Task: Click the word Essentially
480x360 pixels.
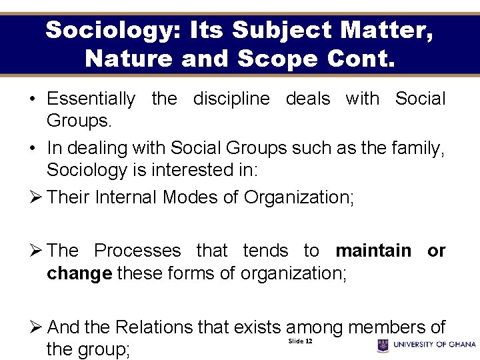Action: coord(91,99)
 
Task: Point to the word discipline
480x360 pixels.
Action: coord(231,99)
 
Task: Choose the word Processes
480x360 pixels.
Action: coord(137,251)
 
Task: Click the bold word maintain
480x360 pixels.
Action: coord(373,251)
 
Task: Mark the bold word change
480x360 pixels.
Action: coord(79,273)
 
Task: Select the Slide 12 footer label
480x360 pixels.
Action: coord(300,341)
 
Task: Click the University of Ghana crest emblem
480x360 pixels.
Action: coord(383,345)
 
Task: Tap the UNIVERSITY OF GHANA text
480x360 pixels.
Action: coord(435,345)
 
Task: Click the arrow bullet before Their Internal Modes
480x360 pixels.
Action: coord(37,197)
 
